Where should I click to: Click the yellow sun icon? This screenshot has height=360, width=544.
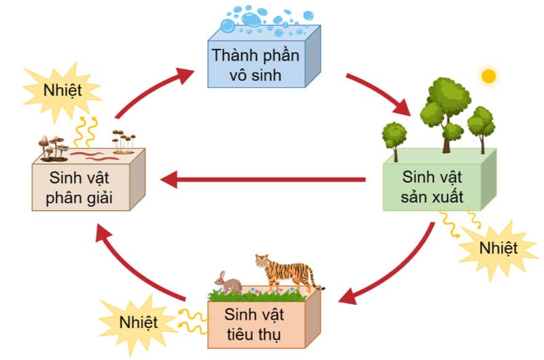tap(489, 76)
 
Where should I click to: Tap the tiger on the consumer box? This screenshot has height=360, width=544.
tap(286, 273)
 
